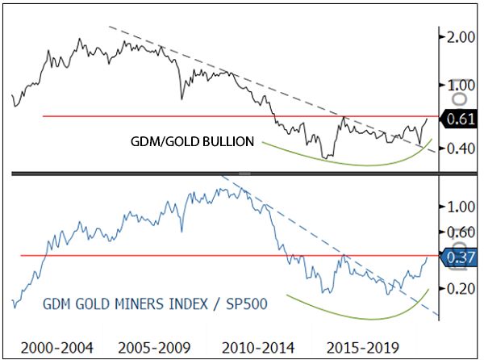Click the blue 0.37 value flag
pos(459,257)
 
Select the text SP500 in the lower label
pos(246,303)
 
